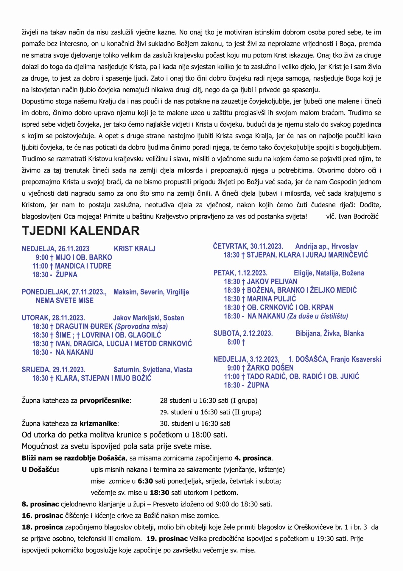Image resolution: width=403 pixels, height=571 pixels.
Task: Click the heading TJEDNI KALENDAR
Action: click(80, 231)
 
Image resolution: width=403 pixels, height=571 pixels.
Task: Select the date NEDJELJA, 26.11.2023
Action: click(55, 249)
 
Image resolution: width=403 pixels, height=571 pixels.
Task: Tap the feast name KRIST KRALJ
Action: click(135, 249)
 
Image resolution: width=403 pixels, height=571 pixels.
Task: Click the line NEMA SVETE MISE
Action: click(65, 301)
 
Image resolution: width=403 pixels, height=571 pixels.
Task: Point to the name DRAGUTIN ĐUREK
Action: click(84, 327)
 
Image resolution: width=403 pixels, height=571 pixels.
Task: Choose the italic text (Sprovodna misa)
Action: click(141, 327)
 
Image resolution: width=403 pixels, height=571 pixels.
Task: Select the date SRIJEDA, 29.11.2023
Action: click(54, 370)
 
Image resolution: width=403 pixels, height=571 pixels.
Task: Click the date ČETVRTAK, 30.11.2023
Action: click(248, 246)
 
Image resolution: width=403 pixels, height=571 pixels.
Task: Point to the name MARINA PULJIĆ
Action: click(271, 299)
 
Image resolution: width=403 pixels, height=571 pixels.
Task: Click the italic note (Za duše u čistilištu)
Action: click(318, 316)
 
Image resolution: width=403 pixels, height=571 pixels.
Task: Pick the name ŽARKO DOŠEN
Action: click(270, 368)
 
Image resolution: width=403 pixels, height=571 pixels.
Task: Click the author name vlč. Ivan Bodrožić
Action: click(352, 217)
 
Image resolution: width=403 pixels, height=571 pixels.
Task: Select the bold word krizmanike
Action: click(98, 423)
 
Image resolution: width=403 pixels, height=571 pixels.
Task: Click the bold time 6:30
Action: click(145, 481)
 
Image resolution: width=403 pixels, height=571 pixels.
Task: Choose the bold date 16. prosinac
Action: click(42, 516)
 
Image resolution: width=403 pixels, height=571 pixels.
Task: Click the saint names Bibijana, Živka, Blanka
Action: click(329, 333)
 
